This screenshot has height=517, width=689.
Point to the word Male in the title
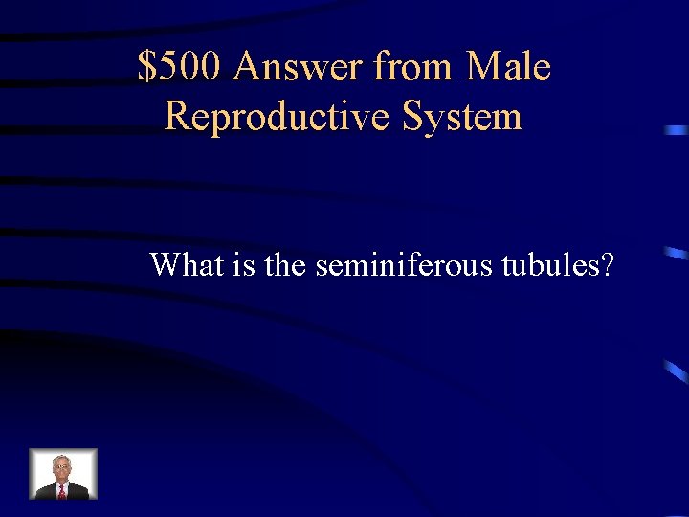pyautogui.click(x=507, y=68)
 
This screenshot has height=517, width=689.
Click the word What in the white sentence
pyautogui.click(x=187, y=264)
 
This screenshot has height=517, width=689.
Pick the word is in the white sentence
pyautogui.click(x=244, y=264)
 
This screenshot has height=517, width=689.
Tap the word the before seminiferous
pyautogui.click(x=284, y=264)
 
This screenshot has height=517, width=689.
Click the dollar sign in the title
pyautogui.click(x=147, y=68)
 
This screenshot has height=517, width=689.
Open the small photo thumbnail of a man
pyautogui.click(x=63, y=474)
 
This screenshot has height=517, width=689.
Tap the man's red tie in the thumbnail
pyautogui.click(x=62, y=490)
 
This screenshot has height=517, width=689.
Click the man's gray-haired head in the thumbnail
pyautogui.click(x=62, y=466)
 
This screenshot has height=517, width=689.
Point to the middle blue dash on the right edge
pyautogui.click(x=676, y=254)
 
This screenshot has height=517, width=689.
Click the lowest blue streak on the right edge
pyautogui.click(x=676, y=371)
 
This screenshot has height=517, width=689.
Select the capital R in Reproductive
pyautogui.click(x=177, y=117)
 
